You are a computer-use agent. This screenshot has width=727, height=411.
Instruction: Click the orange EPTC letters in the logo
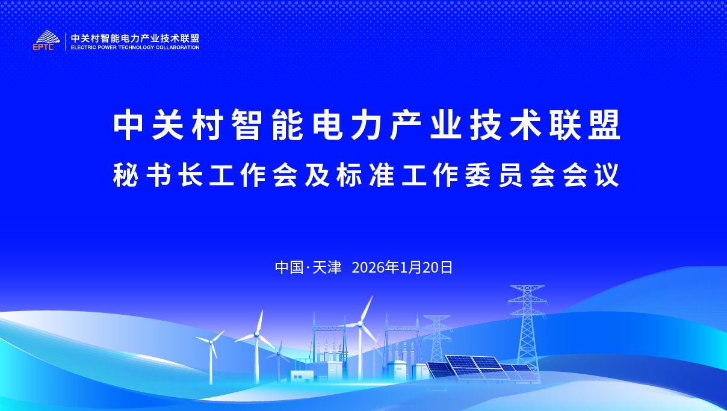[43, 47]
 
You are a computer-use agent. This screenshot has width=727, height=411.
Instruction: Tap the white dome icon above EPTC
[48, 37]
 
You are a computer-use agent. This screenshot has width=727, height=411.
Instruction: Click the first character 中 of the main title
[128, 125]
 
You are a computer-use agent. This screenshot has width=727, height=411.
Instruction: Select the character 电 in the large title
[327, 125]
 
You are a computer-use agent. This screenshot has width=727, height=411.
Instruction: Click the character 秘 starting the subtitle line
[126, 175]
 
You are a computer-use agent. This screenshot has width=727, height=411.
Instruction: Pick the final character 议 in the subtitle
[607, 175]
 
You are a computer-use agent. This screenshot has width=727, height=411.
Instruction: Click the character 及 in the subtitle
[317, 175]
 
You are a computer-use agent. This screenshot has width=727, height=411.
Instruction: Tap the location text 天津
[327, 268]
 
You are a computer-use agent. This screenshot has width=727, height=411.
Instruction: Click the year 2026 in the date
[368, 268]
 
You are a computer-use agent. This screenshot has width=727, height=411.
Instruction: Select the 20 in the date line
[431, 268]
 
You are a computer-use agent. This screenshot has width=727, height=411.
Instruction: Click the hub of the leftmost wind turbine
[211, 342]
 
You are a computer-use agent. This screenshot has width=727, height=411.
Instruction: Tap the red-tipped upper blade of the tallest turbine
[367, 308]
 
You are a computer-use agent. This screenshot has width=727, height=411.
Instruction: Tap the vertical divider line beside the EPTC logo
[66, 42]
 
